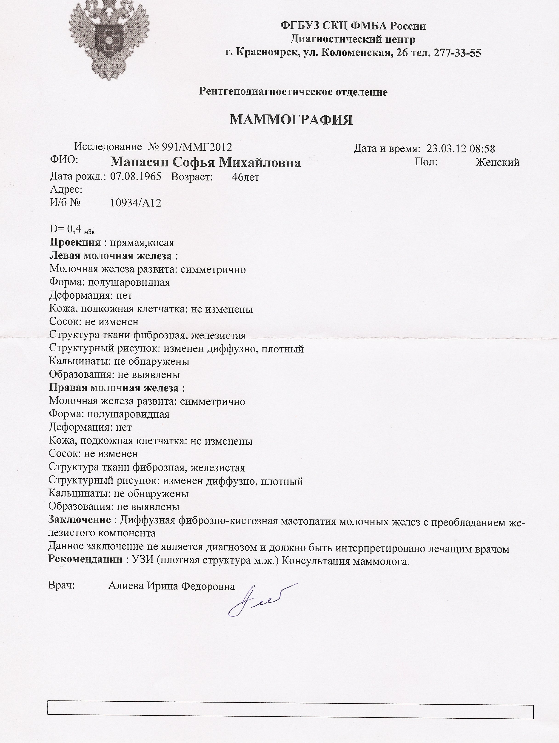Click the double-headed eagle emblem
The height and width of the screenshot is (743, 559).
pyautogui.click(x=109, y=40)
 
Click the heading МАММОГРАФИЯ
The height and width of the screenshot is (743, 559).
pyautogui.click(x=291, y=120)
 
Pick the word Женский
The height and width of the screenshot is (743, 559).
pyautogui.click(x=497, y=162)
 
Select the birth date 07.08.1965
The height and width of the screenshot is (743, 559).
pyautogui.click(x=136, y=177)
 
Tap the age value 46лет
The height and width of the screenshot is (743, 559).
pyautogui.click(x=245, y=177)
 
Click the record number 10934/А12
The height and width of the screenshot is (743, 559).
pyautogui.click(x=136, y=203)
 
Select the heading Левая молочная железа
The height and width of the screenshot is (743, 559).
pyautogui.click(x=111, y=256)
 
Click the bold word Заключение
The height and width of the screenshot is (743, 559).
pyautogui.click(x=80, y=519)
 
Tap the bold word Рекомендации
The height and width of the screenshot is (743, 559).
pyautogui.click(x=85, y=559)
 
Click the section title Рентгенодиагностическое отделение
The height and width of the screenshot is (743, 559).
pyautogui.click(x=293, y=92)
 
